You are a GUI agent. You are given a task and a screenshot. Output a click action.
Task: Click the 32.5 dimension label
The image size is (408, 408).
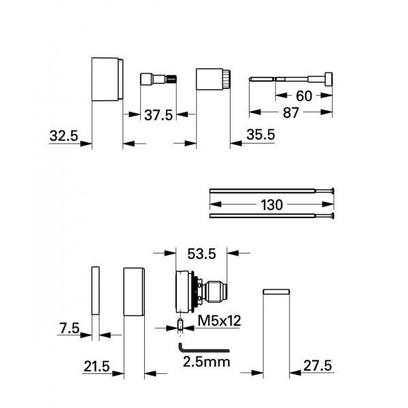64,135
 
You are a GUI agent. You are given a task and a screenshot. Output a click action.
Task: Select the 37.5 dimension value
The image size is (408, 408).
158,116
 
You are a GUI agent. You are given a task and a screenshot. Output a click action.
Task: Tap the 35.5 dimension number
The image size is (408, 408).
260,135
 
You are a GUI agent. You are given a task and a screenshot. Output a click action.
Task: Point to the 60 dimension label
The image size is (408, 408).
304,97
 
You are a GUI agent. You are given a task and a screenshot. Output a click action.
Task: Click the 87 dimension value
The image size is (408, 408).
291,114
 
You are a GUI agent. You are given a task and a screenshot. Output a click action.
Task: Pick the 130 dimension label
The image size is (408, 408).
271,204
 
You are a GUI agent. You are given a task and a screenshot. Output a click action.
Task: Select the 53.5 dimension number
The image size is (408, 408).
202,254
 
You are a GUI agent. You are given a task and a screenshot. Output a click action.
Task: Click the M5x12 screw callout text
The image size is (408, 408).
218,320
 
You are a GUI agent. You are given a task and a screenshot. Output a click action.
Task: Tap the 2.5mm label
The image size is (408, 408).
207,362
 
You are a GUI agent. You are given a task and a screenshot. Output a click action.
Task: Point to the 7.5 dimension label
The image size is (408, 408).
68,328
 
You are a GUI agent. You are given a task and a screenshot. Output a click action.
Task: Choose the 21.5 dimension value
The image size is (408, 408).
97,367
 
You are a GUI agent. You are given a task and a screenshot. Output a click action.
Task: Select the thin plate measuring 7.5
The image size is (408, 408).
95,291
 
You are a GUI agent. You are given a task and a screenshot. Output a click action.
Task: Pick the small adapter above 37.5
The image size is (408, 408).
158,80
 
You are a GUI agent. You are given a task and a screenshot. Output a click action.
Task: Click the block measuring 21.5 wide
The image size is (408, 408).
135,292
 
